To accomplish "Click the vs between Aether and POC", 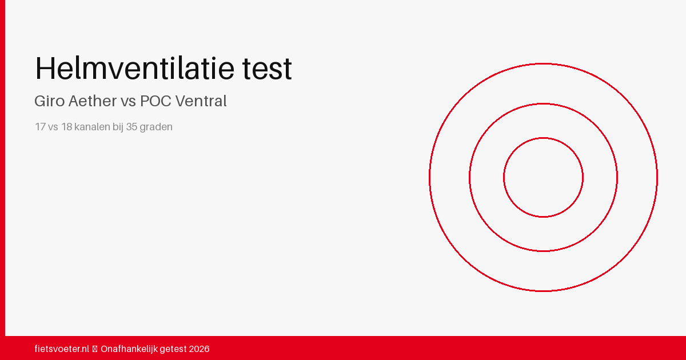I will [127, 102].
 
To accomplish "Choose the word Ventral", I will [201, 101].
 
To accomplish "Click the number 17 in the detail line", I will [40, 127].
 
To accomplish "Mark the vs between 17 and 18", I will [53, 127].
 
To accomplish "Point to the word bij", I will [118, 127].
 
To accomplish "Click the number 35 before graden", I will [131, 127].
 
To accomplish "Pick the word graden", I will [156, 127].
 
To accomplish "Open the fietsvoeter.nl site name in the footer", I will [62, 349].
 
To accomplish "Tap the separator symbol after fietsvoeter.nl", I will [95, 349].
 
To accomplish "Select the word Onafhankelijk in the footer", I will [129, 349].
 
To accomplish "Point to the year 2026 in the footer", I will [200, 349].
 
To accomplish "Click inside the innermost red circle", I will [543, 177].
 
